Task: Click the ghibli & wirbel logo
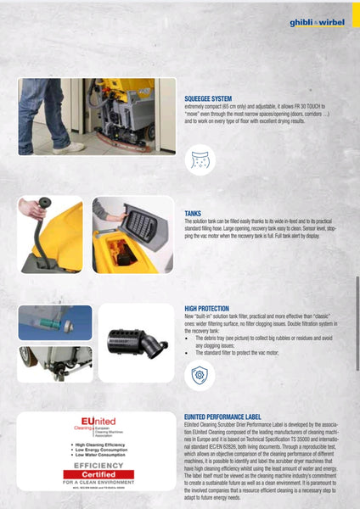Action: pyautogui.click(x=317, y=21)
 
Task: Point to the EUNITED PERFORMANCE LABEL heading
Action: pyautogui.click(x=228, y=417)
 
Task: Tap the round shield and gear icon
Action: pyautogui.click(x=199, y=374)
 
